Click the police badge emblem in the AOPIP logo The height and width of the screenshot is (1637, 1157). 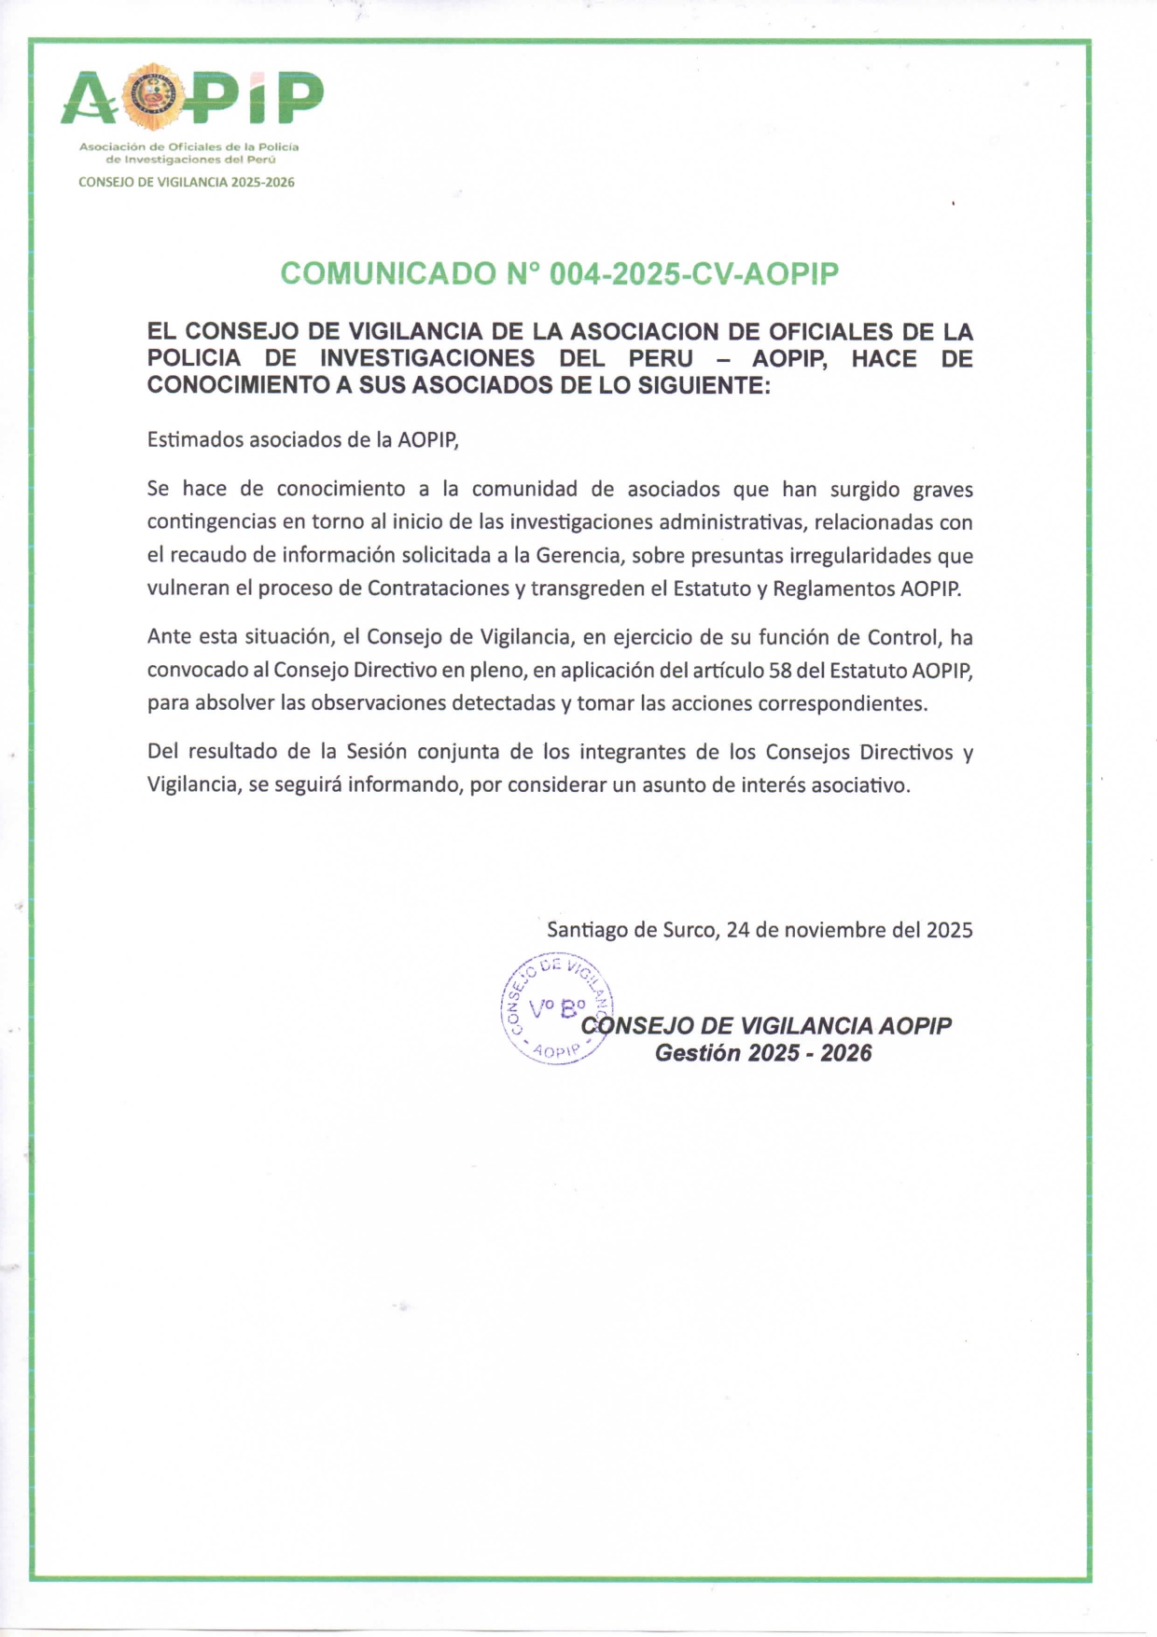coord(154,96)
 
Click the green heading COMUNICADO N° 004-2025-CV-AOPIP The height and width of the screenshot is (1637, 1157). coord(560,273)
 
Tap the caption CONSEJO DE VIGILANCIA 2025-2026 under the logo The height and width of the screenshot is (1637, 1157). coord(187,182)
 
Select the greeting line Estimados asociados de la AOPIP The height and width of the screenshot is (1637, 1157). coord(303,439)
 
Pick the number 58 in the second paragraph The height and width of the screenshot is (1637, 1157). coord(780,671)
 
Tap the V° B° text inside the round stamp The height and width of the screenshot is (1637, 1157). coord(557,1007)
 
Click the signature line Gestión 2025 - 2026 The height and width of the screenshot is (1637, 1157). coord(763,1053)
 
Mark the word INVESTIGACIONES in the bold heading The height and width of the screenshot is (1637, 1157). coord(427,358)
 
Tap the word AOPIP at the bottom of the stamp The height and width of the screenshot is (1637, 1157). coord(556,1051)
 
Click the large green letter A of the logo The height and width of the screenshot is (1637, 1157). coord(90,99)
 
